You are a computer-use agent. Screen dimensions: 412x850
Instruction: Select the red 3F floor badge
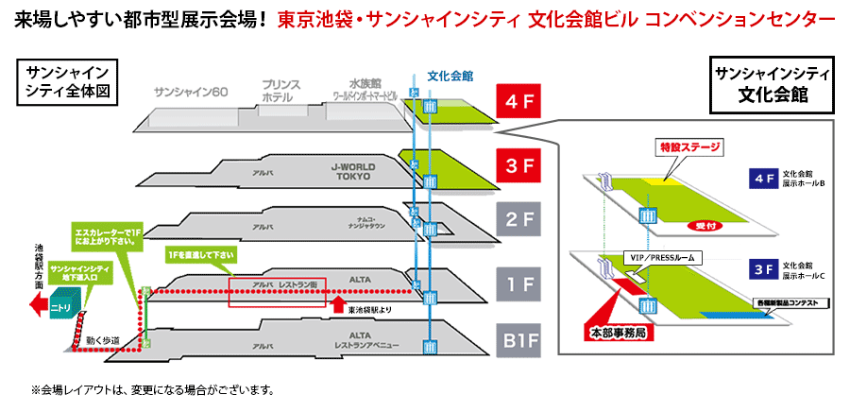click(518, 164)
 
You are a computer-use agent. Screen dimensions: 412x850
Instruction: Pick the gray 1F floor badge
click(518, 283)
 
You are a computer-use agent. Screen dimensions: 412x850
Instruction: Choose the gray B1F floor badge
click(518, 340)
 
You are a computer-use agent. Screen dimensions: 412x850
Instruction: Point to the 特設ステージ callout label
click(688, 148)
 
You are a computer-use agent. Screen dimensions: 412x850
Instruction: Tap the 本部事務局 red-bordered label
click(614, 333)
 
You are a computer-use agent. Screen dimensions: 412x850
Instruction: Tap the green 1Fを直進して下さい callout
click(200, 255)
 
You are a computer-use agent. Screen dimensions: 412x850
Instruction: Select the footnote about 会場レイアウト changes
click(153, 389)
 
